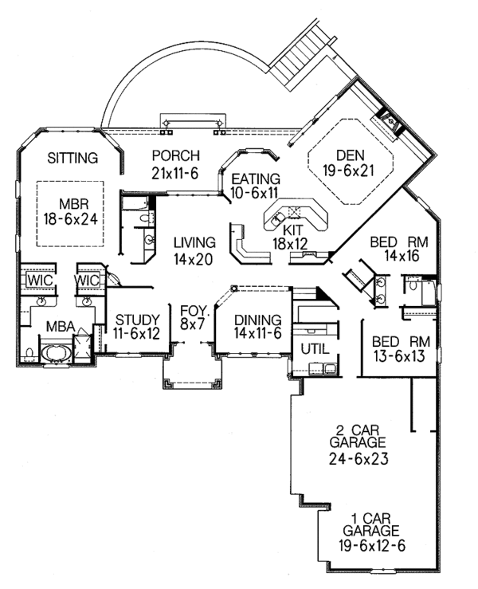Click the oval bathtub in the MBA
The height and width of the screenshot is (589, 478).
pyautogui.click(x=57, y=352)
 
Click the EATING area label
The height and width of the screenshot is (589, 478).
pyautogui.click(x=256, y=179)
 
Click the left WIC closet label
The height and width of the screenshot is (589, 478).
pyautogui.click(x=37, y=282)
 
